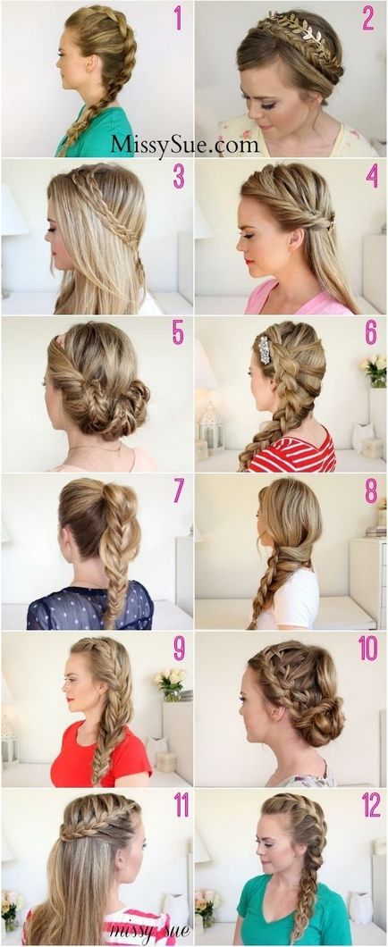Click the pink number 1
(x=178, y=18)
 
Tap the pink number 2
(x=367, y=18)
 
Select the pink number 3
(x=179, y=176)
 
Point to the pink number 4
(x=371, y=176)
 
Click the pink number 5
(x=178, y=332)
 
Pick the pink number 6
(x=371, y=332)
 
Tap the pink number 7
(x=179, y=490)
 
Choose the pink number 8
(x=371, y=490)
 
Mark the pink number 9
(x=180, y=648)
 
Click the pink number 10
(x=367, y=648)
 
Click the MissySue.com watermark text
(x=184, y=144)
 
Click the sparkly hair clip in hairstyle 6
(x=264, y=350)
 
